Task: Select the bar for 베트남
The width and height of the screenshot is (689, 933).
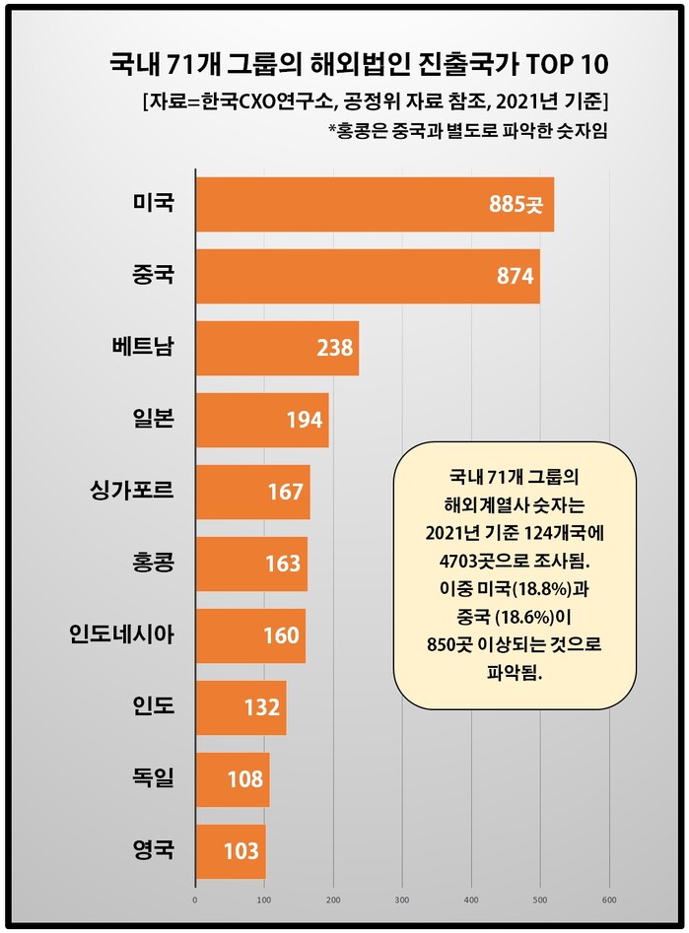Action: [276, 348]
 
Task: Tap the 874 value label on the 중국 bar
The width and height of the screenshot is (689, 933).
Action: [516, 276]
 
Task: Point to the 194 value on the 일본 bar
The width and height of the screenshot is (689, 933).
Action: [305, 420]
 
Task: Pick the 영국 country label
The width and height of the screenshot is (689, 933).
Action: [153, 849]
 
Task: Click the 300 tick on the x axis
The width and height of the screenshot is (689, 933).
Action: [402, 900]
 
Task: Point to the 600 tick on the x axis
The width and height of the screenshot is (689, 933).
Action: [609, 900]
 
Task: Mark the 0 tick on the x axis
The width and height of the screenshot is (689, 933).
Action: [195, 900]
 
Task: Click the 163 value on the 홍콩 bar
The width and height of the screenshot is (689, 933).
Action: [284, 564]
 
